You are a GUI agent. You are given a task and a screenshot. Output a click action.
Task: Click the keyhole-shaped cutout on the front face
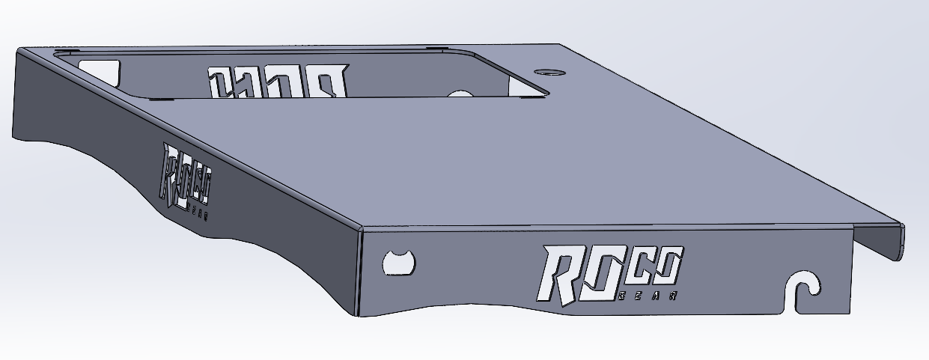point(398,263)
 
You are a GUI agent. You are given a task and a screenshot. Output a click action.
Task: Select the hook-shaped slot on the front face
point(804,289)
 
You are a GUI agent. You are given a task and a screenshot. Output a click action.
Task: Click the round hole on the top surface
point(550,73)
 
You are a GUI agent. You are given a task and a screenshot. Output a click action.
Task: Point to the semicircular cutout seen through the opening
point(460,94)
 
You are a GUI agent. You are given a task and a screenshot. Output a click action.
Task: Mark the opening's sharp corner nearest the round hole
point(548,94)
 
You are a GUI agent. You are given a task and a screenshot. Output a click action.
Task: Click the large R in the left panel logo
point(171,174)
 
